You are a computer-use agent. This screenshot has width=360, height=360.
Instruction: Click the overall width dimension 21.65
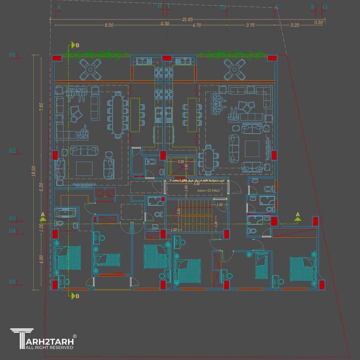click(188, 20)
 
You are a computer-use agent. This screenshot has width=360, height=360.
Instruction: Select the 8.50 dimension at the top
click(109, 25)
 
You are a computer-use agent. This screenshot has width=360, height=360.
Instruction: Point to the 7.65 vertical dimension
click(41, 107)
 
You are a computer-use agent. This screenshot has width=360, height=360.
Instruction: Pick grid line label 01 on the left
click(12, 55)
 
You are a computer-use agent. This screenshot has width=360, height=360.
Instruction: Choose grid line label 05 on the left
click(12, 282)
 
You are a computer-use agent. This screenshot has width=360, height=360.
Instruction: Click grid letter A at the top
click(59, 7)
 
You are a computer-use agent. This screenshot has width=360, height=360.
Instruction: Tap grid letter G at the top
click(325, 7)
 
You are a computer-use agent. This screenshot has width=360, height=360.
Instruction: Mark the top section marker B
click(77, 45)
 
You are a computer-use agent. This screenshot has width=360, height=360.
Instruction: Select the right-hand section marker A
click(298, 215)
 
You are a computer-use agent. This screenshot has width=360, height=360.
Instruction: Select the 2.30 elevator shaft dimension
click(181, 162)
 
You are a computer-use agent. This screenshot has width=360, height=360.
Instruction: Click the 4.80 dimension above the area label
click(197, 184)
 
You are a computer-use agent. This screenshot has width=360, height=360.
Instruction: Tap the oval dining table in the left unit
click(117, 114)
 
